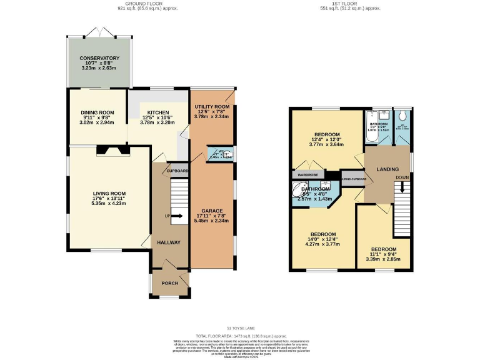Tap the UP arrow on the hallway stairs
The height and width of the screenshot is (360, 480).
tap(177, 217)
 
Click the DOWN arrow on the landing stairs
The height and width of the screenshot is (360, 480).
tap(402, 186)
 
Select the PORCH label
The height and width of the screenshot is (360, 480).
tap(169, 283)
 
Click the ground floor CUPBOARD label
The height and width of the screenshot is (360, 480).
tap(177, 171)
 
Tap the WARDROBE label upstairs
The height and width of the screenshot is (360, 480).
tap(308, 174)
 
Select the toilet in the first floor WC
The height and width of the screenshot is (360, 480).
tap(402, 116)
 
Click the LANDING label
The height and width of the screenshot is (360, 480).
tap(387, 169)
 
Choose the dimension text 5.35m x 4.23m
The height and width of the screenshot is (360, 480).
tap(109, 203)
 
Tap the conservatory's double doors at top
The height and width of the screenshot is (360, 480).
tap(99, 32)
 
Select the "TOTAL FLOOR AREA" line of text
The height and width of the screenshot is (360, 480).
tap(240, 336)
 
